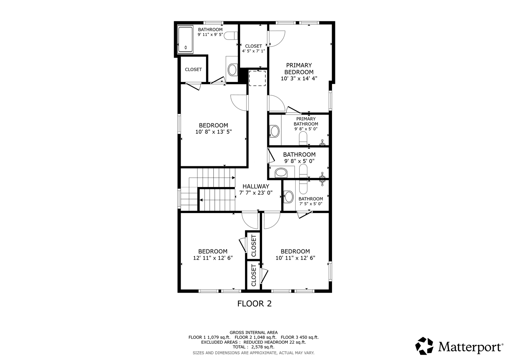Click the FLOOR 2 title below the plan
(254, 304)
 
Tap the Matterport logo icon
(424, 346)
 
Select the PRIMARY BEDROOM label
(299, 69)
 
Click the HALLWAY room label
(256, 186)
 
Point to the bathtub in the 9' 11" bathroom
(185, 40)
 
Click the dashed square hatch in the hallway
(257, 78)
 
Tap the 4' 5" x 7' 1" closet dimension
(253, 51)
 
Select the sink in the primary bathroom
(274, 131)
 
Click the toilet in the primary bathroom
(303, 138)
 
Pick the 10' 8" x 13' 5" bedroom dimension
(214, 132)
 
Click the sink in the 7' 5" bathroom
(289, 197)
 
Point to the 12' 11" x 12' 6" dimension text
(213, 258)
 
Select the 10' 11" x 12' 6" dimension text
(295, 258)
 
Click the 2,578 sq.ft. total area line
(254, 347)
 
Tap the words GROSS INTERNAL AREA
(254, 333)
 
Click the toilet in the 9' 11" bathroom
(231, 36)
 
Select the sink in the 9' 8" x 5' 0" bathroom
(281, 173)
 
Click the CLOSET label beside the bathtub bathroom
(193, 70)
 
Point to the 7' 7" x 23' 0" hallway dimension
(256, 193)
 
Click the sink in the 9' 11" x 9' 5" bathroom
(232, 70)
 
